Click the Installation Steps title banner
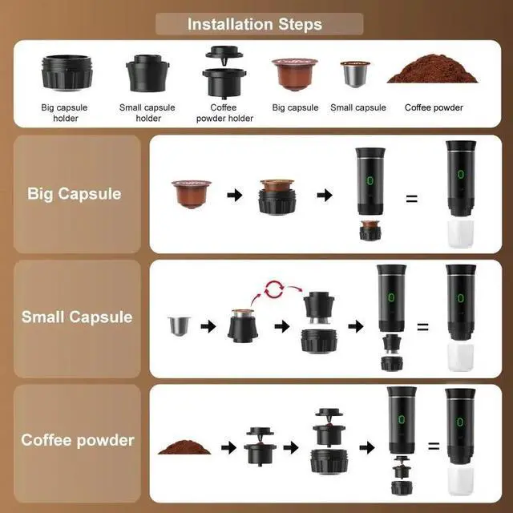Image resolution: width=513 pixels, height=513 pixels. [x=254, y=24]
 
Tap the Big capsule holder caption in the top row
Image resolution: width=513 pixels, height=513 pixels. [x=64, y=112]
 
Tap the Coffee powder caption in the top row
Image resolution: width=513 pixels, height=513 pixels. [x=434, y=107]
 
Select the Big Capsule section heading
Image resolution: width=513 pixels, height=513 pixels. [x=75, y=194]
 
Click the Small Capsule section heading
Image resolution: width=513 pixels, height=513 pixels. [x=77, y=317]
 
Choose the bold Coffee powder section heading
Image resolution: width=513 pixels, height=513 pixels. [x=78, y=440]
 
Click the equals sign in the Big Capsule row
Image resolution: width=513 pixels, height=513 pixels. [x=412, y=196]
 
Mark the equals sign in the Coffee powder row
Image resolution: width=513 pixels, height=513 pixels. [x=434, y=446]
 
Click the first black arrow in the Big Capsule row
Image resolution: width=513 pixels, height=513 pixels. [x=233, y=195]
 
